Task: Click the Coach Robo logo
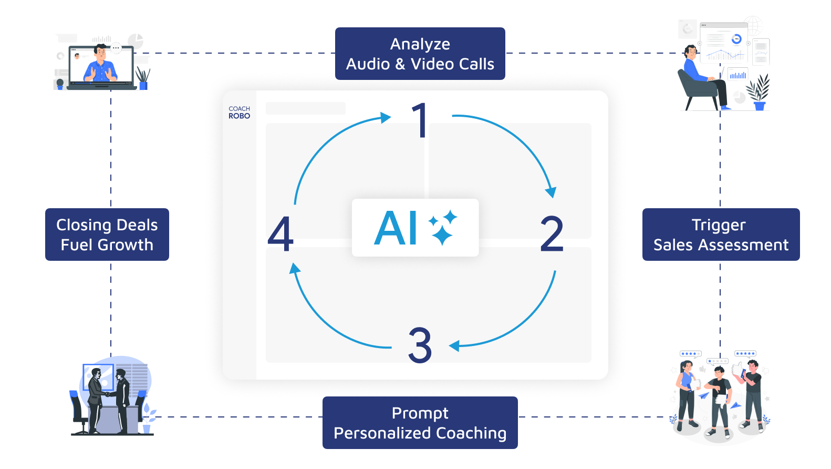tap(239, 113)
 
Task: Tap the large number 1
tap(420, 120)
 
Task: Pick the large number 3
tap(420, 345)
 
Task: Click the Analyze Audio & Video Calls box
tap(420, 54)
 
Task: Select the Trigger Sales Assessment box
tap(721, 234)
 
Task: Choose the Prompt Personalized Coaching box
tap(420, 423)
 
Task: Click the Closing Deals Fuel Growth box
tap(107, 234)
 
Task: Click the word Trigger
tap(719, 225)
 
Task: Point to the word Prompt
tap(420, 413)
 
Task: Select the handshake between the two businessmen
tap(108, 393)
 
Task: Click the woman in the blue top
tap(686, 392)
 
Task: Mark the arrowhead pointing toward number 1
tap(386, 117)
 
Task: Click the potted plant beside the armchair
tap(759, 93)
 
